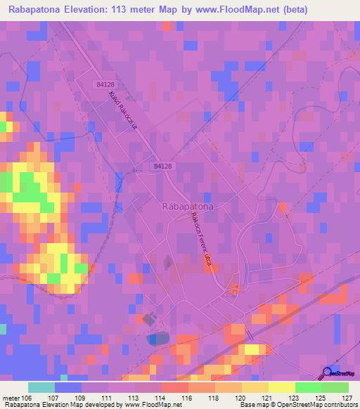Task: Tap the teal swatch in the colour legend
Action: pos(41,388)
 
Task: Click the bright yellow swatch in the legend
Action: pos(281,388)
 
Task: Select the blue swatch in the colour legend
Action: pos(68,388)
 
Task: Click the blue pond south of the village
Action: pos(158,339)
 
